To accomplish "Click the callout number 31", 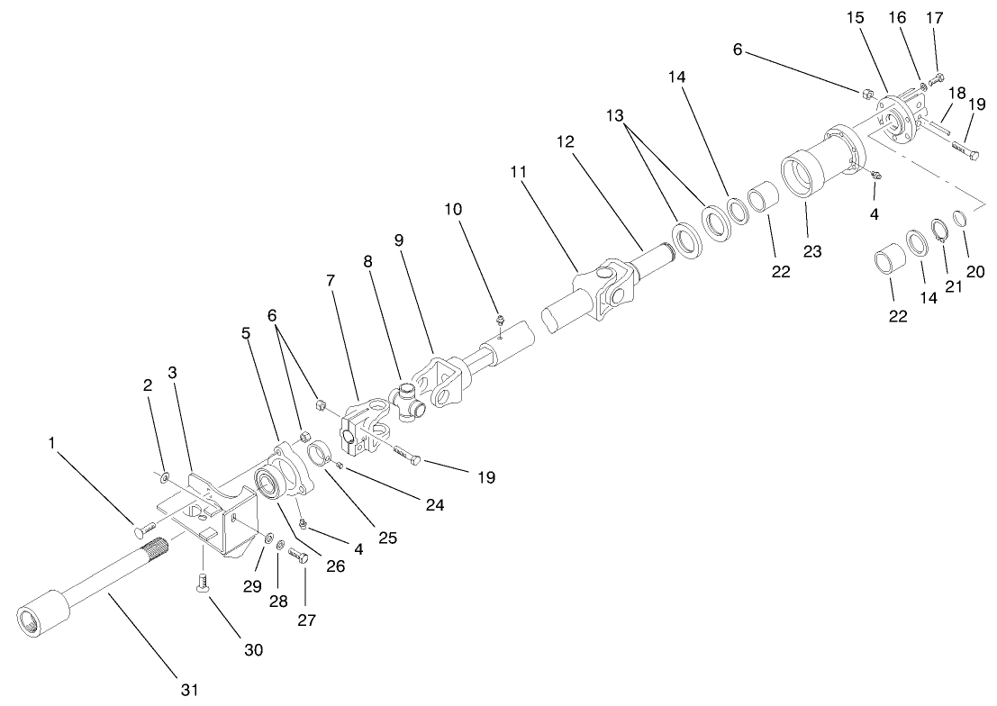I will tap(187, 689).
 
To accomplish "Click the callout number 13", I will tap(614, 116).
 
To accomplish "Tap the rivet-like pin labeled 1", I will tap(144, 527).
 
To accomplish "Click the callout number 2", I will tap(148, 385).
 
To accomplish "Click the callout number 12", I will tap(565, 141).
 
